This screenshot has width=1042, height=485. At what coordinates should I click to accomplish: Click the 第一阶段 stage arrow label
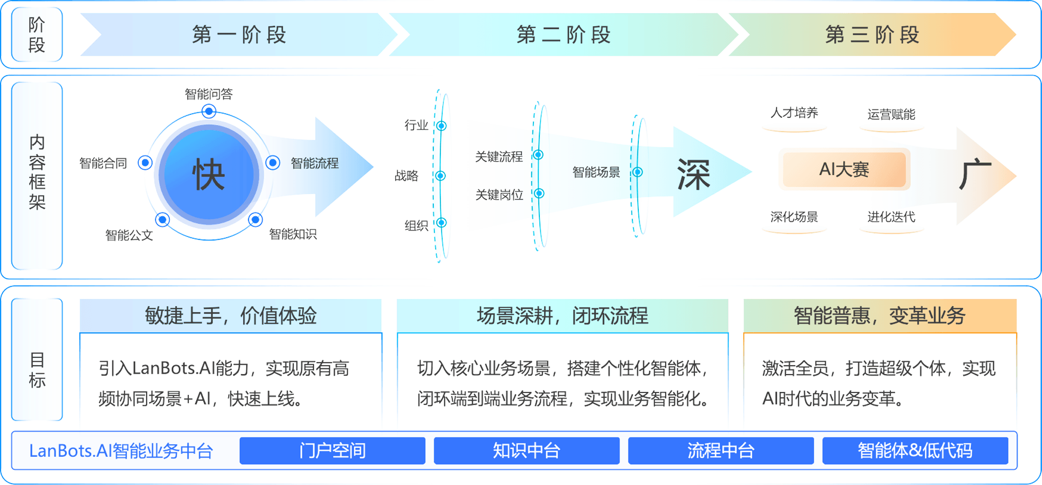click(x=239, y=35)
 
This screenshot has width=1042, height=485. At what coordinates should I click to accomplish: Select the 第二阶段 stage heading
click(x=564, y=35)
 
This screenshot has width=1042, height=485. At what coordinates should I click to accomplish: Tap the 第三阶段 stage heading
click(x=873, y=35)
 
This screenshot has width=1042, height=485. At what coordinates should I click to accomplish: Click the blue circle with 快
click(x=209, y=175)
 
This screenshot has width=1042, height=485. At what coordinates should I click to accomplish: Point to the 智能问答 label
click(x=208, y=94)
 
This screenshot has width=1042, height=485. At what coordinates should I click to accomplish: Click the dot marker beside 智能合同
click(x=145, y=162)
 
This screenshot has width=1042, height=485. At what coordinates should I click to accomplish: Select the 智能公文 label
click(x=129, y=235)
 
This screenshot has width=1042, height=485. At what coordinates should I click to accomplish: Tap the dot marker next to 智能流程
click(x=273, y=162)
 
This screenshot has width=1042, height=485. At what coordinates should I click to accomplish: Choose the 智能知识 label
click(x=293, y=234)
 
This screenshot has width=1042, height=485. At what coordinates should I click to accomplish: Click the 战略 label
click(x=407, y=176)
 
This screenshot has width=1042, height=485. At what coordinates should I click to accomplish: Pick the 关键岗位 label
click(x=499, y=195)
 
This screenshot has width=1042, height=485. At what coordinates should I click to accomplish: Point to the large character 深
click(x=694, y=175)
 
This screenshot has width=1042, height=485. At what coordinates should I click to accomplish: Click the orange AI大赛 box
click(x=844, y=170)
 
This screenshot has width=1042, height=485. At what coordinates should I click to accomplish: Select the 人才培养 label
click(x=794, y=113)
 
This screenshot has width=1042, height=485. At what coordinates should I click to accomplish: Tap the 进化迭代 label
click(x=891, y=217)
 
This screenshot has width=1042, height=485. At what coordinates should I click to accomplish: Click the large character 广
click(x=975, y=174)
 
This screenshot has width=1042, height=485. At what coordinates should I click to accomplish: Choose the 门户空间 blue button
click(x=332, y=451)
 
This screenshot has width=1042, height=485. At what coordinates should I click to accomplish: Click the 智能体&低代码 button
click(x=915, y=451)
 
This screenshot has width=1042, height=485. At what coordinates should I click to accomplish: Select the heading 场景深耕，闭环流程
click(x=563, y=315)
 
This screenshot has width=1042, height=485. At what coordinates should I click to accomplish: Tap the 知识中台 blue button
click(x=526, y=451)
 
